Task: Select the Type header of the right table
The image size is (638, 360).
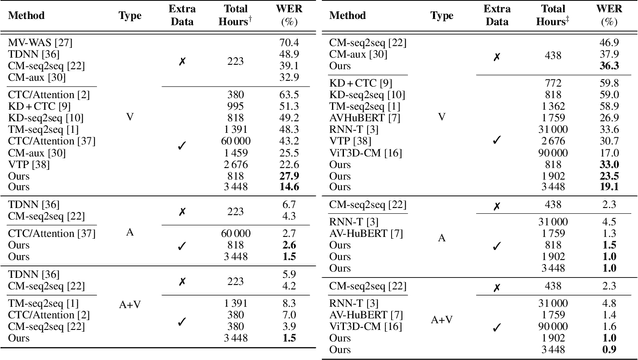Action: click(441, 16)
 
